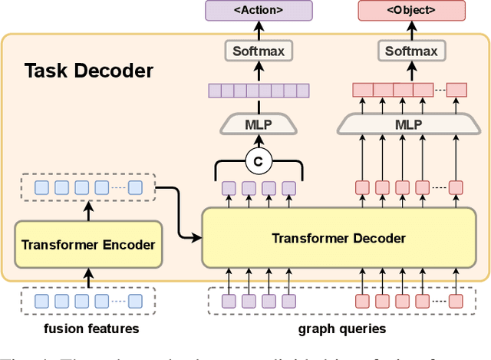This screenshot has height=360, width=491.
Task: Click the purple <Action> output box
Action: (259, 11)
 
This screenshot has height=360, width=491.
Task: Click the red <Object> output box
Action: (411, 11)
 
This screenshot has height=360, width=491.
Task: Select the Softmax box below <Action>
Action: (259, 51)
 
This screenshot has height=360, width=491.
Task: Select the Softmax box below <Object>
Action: (411, 51)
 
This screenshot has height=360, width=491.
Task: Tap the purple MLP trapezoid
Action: (259, 124)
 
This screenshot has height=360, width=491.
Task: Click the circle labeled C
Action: (259, 162)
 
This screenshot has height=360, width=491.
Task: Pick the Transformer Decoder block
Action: (338, 238)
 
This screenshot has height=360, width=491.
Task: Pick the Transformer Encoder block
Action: (88, 246)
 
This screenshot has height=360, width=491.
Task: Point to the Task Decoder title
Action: (89, 71)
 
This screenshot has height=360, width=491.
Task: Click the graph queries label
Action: (338, 329)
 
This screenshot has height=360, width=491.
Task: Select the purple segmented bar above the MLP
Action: (259, 91)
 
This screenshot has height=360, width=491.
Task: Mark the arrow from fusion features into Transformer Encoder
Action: (88, 278)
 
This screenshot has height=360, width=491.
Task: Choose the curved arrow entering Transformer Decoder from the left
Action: (183, 211)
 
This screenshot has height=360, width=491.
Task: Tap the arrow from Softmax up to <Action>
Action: (259, 31)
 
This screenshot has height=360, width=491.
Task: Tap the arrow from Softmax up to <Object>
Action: (411, 31)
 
